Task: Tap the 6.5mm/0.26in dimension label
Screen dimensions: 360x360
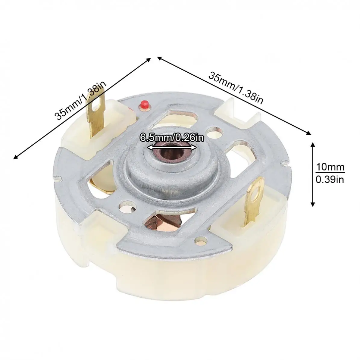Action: point(172,138)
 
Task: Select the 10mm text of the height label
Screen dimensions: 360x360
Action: point(330,167)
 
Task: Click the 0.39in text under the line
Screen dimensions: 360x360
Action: point(330,179)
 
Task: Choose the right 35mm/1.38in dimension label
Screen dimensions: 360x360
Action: point(236,88)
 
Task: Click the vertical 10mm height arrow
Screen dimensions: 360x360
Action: point(312,174)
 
